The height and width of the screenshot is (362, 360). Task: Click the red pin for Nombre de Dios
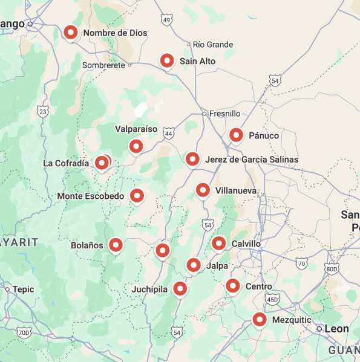[x=71, y=33]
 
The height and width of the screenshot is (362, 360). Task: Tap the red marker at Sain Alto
[x=168, y=60]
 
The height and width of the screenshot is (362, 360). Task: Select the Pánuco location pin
[x=237, y=135]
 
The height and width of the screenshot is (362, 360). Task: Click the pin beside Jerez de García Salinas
[x=192, y=159]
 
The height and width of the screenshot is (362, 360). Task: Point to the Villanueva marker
[x=203, y=190]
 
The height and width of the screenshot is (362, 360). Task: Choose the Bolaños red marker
[x=116, y=245]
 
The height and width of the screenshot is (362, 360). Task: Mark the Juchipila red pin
[x=180, y=289]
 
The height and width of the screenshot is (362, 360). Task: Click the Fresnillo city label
[x=224, y=114]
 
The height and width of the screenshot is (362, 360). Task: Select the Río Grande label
[x=213, y=45]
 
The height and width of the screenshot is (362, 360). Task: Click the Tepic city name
[x=23, y=289]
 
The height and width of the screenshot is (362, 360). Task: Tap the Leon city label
[x=337, y=329]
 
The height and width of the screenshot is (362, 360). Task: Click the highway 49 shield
[x=167, y=21]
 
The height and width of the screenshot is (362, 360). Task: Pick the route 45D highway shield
[x=272, y=299]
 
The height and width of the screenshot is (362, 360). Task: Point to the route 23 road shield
[x=42, y=111]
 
